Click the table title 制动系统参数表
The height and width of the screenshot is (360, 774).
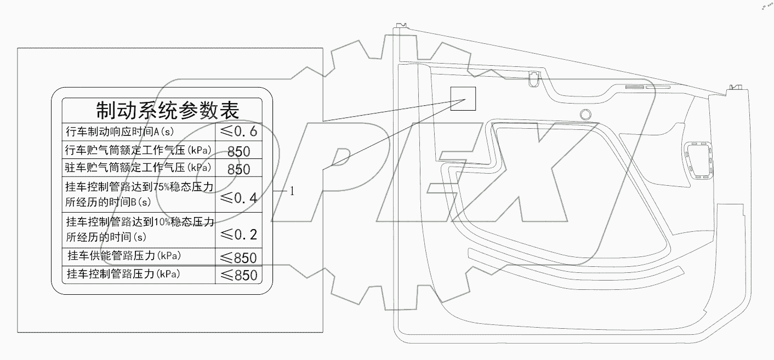167,110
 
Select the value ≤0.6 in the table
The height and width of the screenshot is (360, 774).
238,132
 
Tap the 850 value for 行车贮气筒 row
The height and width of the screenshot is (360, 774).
238,151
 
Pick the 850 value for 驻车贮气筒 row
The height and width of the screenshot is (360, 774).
238,169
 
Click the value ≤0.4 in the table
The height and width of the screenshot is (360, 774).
238,198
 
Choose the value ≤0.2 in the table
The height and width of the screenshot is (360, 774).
238,235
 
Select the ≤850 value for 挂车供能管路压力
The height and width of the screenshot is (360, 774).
238,258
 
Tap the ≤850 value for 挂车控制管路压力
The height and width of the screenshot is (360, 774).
238,275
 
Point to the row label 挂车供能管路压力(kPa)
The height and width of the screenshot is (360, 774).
124,256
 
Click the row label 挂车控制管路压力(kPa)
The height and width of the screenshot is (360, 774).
123,273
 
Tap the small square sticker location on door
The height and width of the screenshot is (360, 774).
463,99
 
